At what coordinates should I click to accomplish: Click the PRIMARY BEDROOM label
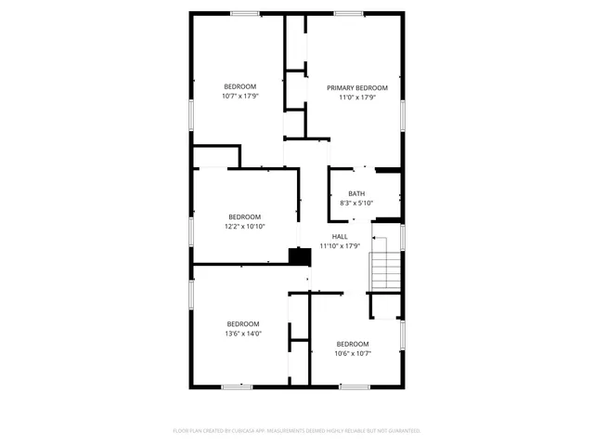(x=356, y=87)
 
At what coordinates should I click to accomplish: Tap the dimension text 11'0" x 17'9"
(x=356, y=97)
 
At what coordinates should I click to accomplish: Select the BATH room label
(x=356, y=193)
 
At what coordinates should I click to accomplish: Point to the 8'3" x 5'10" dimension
(x=356, y=203)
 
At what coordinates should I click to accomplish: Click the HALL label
(x=340, y=237)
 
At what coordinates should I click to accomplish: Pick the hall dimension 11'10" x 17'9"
(x=340, y=246)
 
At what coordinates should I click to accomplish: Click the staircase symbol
(x=384, y=269)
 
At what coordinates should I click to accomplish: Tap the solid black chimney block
(x=300, y=256)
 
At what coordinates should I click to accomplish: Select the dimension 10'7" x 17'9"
(x=239, y=96)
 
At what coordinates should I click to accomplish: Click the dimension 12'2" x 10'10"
(x=244, y=226)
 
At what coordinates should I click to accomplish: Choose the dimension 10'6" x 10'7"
(x=353, y=353)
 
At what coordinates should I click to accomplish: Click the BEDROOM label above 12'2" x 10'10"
(x=244, y=216)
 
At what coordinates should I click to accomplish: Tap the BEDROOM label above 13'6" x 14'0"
(x=243, y=323)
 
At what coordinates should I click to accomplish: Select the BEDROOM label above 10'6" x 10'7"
(x=353, y=344)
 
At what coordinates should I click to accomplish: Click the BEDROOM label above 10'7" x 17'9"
(x=239, y=86)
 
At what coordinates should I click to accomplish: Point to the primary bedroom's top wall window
(x=348, y=13)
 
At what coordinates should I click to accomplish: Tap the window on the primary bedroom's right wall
(x=403, y=111)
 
